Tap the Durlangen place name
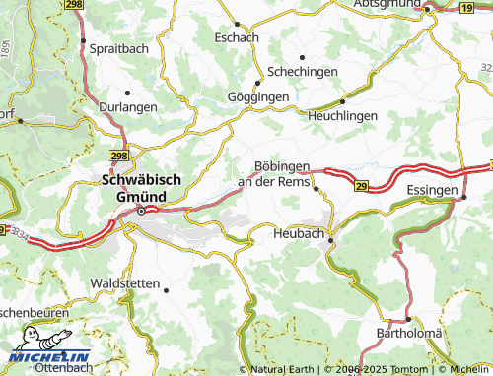(127, 106)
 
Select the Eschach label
(238, 36)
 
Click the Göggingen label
(257, 96)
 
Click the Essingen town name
(432, 188)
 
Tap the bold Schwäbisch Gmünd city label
(141, 186)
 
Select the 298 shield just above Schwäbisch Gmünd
(118, 156)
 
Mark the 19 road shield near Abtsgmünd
(465, 7)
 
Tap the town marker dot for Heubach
(331, 239)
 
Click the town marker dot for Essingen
(463, 198)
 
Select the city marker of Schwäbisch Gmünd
(141, 209)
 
